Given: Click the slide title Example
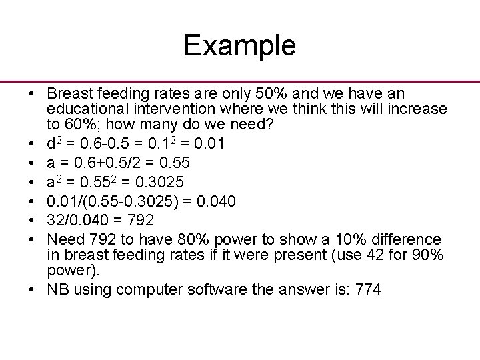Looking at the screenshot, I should tap(239, 45).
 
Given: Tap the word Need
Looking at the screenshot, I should tap(64, 239).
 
